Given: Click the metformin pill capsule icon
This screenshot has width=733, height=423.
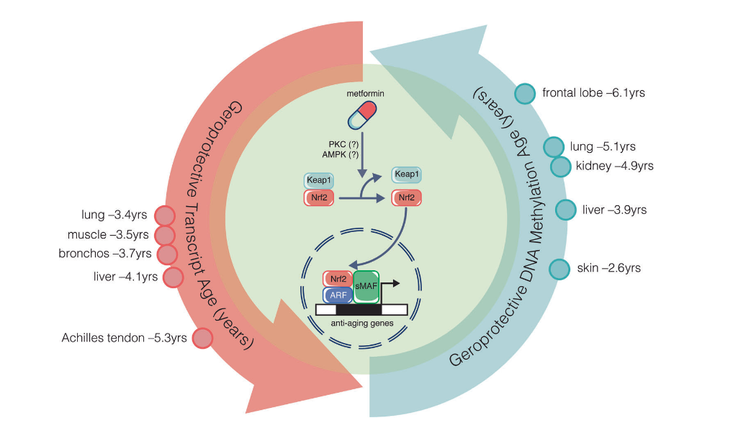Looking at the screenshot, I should [x=361, y=114].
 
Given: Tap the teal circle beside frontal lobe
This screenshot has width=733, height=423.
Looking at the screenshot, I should [x=526, y=94].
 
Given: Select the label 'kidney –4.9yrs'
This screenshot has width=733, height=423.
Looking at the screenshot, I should [x=614, y=166].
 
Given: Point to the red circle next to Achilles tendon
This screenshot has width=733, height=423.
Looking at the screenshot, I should [x=202, y=337].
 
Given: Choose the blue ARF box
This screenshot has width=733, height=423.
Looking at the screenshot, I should [x=336, y=295].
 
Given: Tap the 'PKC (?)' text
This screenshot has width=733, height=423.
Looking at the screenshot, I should [x=343, y=144].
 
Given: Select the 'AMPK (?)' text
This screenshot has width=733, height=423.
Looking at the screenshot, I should [x=341, y=154].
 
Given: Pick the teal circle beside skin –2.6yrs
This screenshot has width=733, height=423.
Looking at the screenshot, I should [x=559, y=269].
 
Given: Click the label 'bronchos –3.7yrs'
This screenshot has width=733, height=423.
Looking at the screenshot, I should [x=105, y=254].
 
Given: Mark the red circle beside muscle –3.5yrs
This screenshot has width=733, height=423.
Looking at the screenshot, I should [x=165, y=235].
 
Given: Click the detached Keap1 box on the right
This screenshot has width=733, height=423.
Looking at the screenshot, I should [x=406, y=175].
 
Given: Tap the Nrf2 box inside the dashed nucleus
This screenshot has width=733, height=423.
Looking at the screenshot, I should [x=337, y=279].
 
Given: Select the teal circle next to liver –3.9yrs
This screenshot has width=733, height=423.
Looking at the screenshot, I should [x=567, y=210].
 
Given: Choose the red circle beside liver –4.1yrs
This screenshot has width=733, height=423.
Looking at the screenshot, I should [x=174, y=276].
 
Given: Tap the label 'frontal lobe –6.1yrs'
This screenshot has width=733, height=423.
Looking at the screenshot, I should [x=593, y=93].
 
